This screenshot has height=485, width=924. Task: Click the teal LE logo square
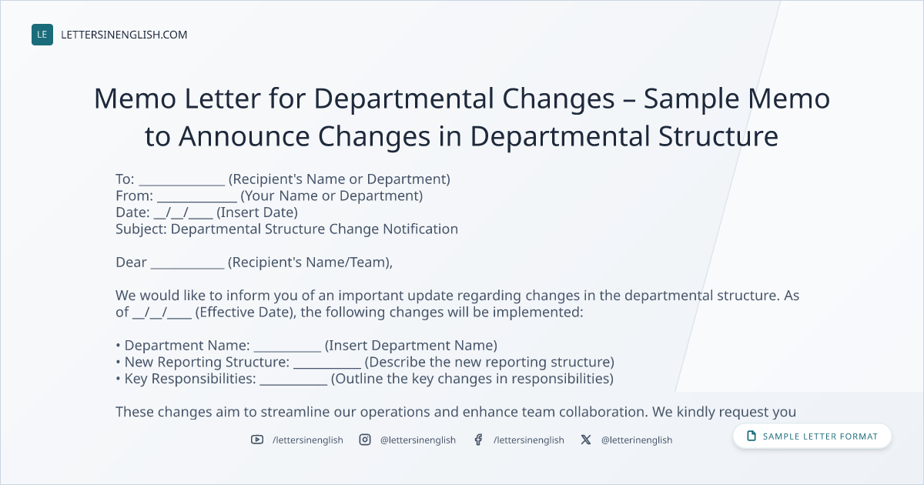42,35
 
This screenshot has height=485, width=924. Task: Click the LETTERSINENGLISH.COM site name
124,35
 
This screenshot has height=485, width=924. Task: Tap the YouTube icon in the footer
257,440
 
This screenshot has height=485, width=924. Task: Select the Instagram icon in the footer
365,440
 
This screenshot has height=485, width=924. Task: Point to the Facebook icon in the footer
478,440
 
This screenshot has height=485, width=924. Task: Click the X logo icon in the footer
586,440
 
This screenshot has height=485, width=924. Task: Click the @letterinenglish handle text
637,440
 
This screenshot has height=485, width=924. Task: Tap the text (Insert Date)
257,212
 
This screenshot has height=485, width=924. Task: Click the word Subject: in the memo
141,229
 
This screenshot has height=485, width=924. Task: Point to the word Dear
131,263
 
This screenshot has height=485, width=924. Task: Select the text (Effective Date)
246,313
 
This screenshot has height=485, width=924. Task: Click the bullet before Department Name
118,346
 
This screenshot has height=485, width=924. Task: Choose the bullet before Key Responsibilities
118,379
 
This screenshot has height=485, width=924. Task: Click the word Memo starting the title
136,99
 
